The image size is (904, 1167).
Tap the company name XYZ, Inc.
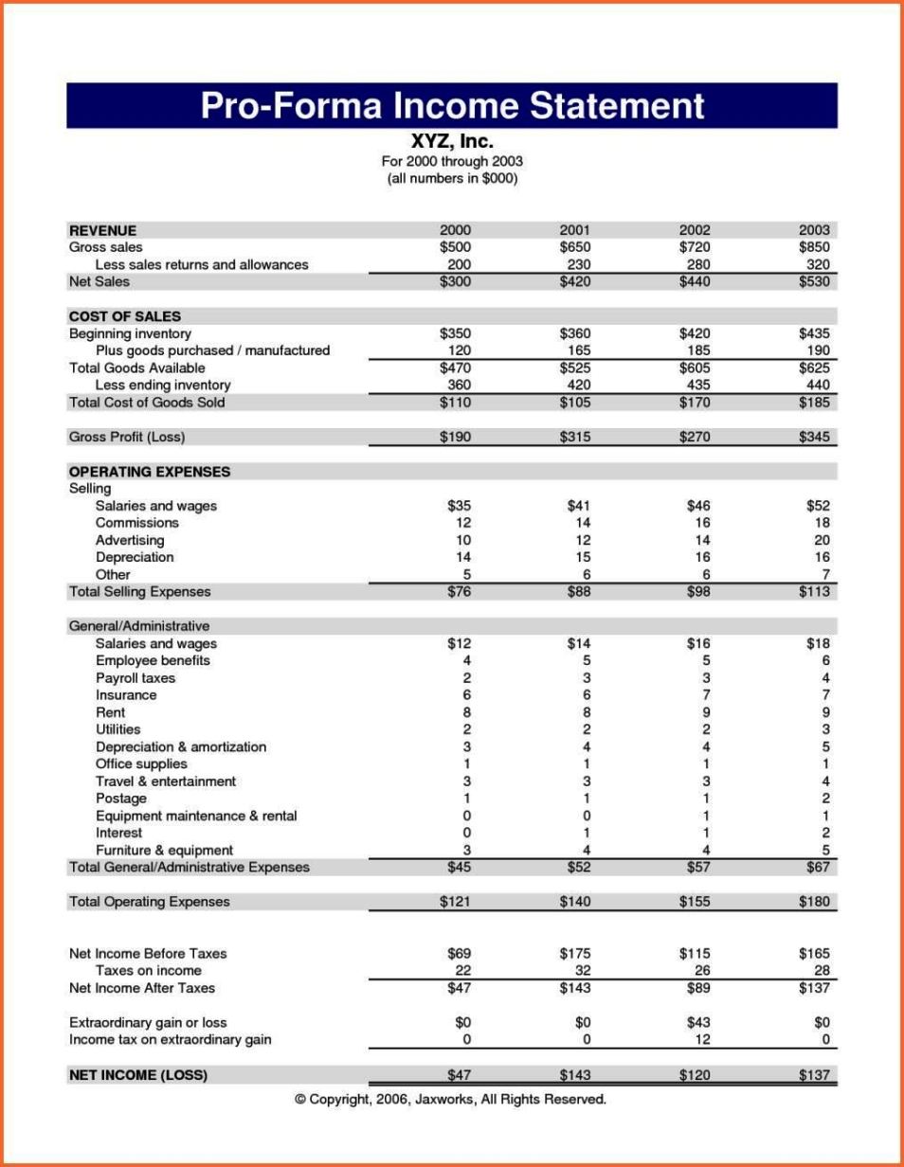451,142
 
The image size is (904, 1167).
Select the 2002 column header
695,230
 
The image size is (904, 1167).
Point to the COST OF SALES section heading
124,316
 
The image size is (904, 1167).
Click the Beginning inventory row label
130,333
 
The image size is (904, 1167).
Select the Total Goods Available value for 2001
574,368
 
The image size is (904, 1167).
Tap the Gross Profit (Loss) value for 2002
695,437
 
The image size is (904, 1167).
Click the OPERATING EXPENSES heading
149,472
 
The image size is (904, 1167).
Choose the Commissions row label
136,523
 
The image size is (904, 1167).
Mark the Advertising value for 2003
821,540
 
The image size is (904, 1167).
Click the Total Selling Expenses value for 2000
459,592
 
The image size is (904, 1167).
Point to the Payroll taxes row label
135,678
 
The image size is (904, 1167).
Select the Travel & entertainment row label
165,781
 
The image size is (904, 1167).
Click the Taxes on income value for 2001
582,971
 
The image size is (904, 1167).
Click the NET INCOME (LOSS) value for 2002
695,1075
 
